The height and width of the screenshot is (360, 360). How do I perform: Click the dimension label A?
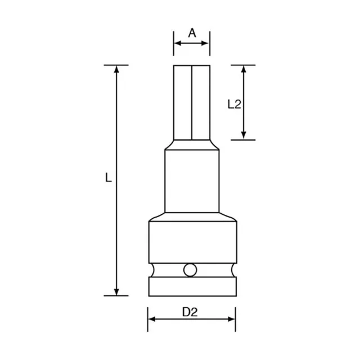(192, 33)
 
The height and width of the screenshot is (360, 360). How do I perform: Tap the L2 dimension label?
(234, 104)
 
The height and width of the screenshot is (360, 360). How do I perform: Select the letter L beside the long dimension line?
(108, 177)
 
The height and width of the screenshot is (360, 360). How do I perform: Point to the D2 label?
(190, 312)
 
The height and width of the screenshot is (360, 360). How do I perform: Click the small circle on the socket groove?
(190, 270)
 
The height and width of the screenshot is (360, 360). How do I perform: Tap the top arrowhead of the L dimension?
(116, 69)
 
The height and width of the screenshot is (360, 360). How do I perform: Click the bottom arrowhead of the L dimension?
(116, 292)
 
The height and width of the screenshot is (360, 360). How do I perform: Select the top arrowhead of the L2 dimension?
(244, 69)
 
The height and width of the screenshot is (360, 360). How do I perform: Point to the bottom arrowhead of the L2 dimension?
(244, 136)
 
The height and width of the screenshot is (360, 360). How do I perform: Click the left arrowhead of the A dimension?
(178, 43)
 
